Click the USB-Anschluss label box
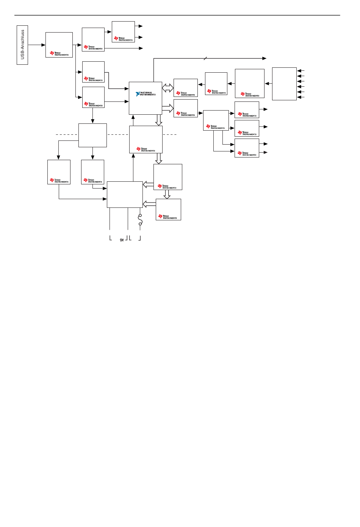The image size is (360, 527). coord(22,45)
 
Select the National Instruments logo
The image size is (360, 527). coord(146,94)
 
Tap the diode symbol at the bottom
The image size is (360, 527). coord(122,240)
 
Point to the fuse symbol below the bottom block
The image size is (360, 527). coord(140,220)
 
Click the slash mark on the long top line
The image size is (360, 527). coord(205,58)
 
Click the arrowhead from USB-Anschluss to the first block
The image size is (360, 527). coord(43,45)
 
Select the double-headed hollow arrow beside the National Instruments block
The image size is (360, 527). coord(167,88)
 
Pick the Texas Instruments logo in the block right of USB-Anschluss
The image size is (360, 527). coord(59,53)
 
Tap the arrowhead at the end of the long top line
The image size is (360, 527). coord(265,58)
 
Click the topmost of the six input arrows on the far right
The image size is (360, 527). coord(299,71)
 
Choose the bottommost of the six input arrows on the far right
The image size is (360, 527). coord(299,97)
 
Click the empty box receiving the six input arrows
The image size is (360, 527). coord(284,84)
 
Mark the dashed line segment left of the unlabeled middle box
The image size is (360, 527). coord(66,134)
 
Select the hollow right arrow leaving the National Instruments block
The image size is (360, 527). coord(168,109)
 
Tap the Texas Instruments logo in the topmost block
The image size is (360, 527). coord(123,39)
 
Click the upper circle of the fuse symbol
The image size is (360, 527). coord(140,216)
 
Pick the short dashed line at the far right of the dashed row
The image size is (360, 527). coord(170,134)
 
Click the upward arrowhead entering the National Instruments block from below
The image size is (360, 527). coord(133,117)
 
